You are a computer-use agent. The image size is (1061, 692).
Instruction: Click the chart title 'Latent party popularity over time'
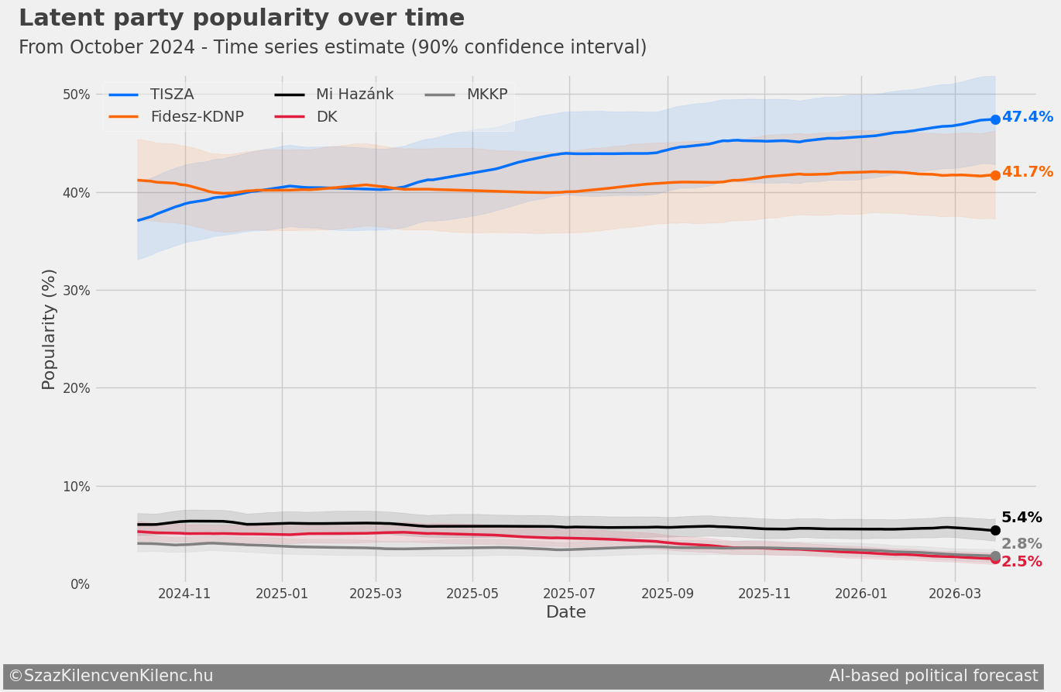(242, 19)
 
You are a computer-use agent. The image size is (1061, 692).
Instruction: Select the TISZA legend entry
(171, 95)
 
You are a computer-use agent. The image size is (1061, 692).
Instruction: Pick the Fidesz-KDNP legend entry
(197, 117)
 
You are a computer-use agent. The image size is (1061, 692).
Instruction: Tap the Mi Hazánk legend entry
(355, 95)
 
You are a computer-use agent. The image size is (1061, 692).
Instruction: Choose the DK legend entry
(326, 117)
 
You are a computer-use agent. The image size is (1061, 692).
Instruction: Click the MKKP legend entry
(486, 95)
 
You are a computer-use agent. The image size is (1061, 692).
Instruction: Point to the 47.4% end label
(1027, 117)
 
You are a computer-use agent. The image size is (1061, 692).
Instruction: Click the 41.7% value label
(1027, 172)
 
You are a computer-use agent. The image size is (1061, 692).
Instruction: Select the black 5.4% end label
(1022, 518)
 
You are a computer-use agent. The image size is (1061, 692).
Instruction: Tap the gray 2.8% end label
(1022, 544)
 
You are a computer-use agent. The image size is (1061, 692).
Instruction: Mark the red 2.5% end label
(1022, 562)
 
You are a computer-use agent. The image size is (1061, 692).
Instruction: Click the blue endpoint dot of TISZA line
(995, 119)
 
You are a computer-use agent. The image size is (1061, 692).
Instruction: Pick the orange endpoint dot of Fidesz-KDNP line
(995, 175)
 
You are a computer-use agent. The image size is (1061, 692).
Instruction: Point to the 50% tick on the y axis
(76, 95)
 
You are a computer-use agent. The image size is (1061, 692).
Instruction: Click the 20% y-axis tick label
(76, 388)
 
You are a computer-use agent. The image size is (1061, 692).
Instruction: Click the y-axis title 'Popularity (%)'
(49, 329)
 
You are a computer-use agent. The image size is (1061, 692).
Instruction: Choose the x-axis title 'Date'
(566, 613)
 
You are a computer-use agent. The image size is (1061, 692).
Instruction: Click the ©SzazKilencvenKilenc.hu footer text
(111, 676)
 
